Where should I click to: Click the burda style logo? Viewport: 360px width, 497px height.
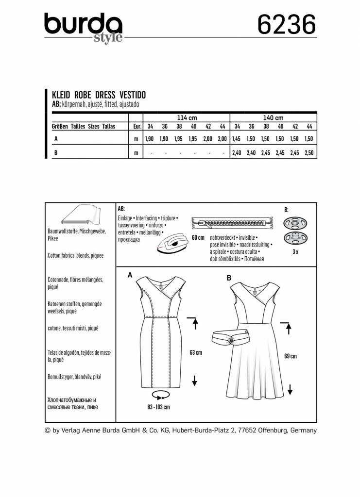coord(83,27)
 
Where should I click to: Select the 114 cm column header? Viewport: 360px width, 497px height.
coord(187,118)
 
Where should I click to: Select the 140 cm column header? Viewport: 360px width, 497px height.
coord(273,118)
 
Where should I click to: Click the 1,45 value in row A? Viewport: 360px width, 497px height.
coord(237,139)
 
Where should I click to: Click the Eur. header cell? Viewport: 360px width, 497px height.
coord(137,126)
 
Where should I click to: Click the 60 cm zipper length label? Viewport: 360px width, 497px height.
coord(198,238)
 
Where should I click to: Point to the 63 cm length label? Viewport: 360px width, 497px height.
coord(195,353)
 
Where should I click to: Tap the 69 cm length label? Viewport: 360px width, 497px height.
coord(290,356)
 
